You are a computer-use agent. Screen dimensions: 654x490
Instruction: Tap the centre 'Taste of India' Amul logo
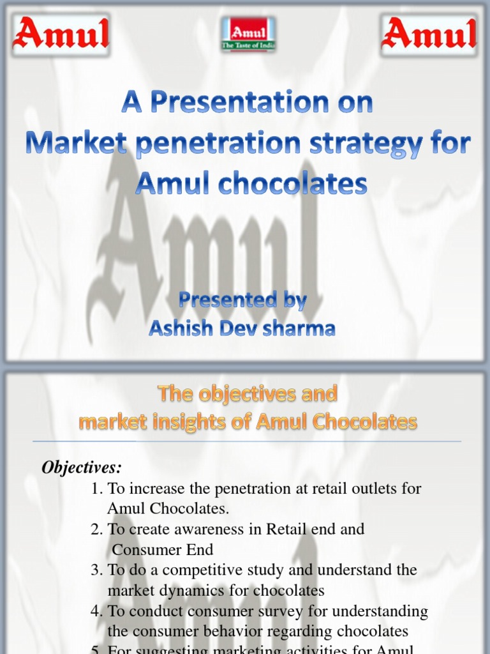246,35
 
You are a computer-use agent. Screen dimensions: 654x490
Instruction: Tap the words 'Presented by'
242,300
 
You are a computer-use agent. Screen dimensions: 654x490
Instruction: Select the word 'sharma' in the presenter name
302,328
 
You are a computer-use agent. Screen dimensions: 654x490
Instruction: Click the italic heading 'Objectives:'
81,468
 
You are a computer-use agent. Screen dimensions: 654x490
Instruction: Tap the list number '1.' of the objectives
97,489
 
